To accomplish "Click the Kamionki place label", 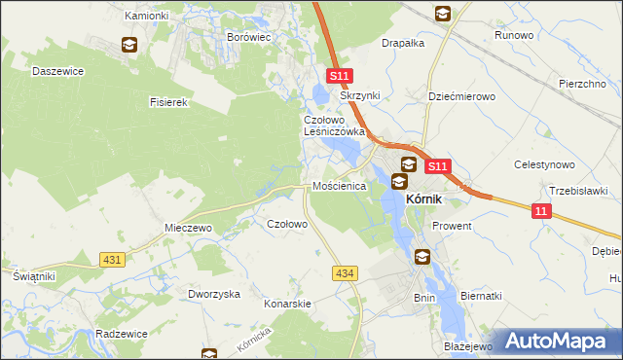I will tap(147, 17).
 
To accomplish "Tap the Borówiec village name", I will tap(247, 36).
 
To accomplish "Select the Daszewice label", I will tap(58, 71).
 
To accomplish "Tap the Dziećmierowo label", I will tap(462, 96).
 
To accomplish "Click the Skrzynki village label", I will tap(358, 96).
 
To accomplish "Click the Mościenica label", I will tap(339, 185).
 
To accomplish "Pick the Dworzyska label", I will tap(214, 294).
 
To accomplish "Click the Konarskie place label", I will tap(287, 304).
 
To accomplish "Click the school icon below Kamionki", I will tap(128, 44).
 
